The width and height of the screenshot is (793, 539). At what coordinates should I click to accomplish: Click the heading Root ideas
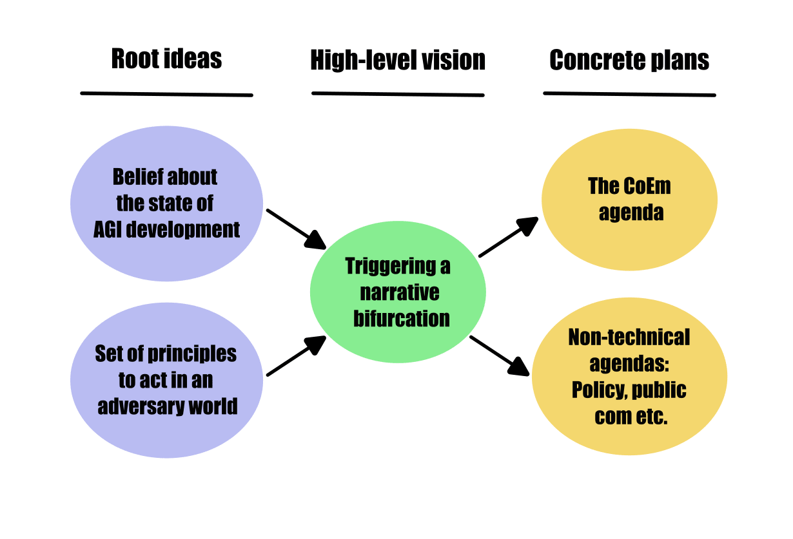166,59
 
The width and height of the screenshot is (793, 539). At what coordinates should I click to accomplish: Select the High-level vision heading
398,61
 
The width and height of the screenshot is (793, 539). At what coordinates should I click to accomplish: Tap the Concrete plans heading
629,61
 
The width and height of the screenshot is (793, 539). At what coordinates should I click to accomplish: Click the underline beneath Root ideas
166,94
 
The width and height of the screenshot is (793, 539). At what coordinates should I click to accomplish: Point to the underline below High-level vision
398,94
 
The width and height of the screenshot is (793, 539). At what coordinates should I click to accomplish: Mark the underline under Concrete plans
629,94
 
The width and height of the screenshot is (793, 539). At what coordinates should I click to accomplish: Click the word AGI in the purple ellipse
108,229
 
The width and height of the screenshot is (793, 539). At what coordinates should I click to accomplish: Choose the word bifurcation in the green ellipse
401,318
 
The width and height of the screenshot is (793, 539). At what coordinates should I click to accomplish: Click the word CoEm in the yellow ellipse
647,187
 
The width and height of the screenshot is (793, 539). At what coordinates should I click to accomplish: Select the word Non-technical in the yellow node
629,337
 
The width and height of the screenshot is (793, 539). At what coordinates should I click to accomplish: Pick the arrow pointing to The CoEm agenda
509,237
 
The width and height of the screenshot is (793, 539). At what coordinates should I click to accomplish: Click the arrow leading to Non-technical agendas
500,355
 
